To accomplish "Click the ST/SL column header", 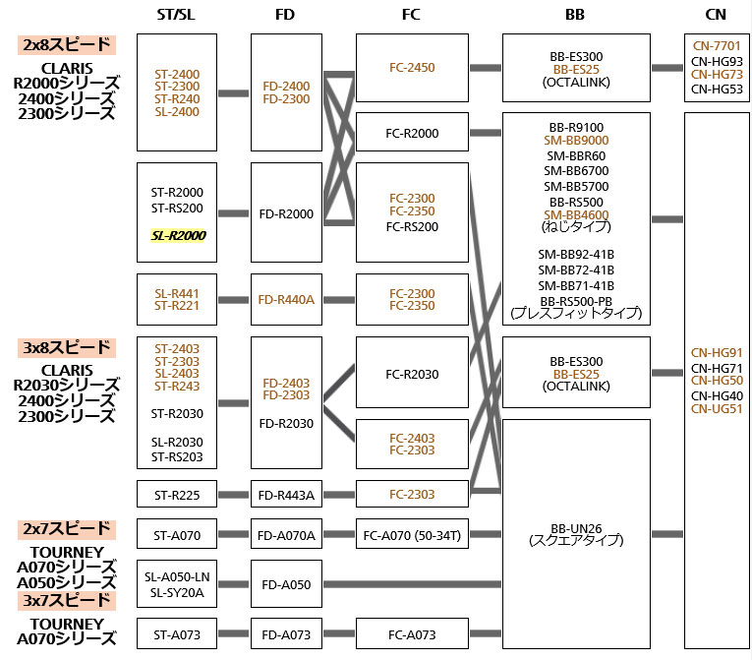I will [176, 15].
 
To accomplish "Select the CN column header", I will [717, 15].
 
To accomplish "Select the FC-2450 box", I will [411, 67].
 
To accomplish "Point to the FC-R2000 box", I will [411, 133].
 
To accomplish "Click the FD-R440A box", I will [286, 299].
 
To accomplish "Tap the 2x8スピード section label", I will [66, 45].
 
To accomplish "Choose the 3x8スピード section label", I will [66, 348].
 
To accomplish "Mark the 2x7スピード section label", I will [66, 528].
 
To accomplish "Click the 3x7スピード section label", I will [66, 600].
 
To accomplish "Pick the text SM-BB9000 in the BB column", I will [576, 141].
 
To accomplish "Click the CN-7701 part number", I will [717, 45].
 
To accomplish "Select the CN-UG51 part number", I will [717, 408].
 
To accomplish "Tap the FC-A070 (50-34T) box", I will [411, 535].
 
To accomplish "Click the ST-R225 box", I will [176, 495].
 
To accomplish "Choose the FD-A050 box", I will [286, 584].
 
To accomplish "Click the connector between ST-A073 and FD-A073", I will [233, 635].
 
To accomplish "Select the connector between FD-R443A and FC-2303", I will [338, 495].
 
